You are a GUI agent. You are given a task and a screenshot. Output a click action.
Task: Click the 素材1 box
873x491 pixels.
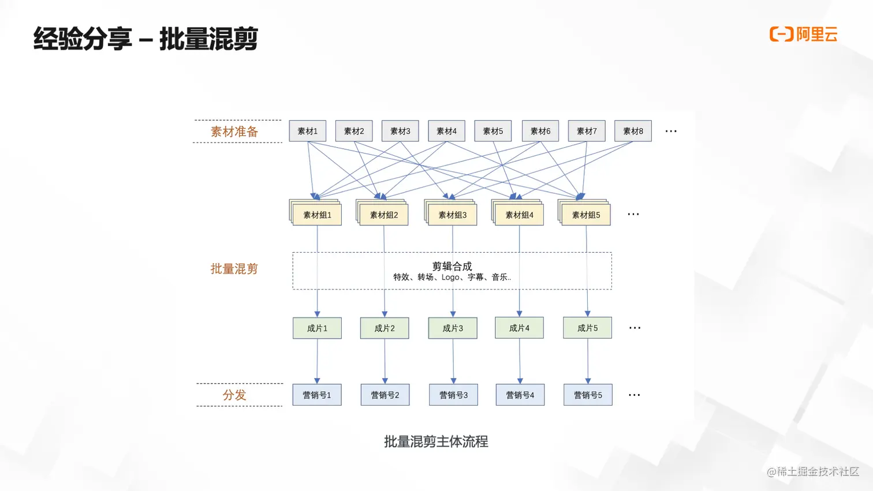click(x=307, y=131)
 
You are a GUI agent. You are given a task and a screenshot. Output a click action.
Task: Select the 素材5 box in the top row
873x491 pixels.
click(x=493, y=131)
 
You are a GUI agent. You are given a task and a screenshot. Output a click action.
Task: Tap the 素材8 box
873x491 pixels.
click(x=633, y=131)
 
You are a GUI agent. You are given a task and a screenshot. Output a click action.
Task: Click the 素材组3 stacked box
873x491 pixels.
click(x=452, y=215)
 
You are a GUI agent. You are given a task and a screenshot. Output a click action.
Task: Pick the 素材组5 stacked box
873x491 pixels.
click(x=585, y=215)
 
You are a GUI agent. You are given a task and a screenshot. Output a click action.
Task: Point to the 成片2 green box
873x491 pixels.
click(x=385, y=328)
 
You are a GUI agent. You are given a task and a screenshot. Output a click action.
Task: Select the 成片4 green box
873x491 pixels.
click(x=519, y=328)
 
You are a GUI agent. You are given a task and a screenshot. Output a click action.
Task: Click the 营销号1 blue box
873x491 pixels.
click(x=317, y=395)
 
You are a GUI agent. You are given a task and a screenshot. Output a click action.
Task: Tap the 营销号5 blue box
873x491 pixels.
click(x=588, y=395)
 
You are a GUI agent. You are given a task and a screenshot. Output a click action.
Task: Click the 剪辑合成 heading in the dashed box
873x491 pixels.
click(x=452, y=266)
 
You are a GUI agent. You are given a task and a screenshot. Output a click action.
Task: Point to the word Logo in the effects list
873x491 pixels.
click(x=450, y=278)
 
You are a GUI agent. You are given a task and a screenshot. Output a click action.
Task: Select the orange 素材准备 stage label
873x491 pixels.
click(x=234, y=132)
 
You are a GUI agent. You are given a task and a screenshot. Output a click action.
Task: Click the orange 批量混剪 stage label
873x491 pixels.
click(x=234, y=269)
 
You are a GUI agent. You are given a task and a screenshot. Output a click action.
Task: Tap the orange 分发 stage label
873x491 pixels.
click(x=234, y=395)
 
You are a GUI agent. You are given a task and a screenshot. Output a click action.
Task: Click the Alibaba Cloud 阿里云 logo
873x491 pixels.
click(x=803, y=34)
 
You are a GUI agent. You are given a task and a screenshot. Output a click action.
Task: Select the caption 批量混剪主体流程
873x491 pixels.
click(x=436, y=442)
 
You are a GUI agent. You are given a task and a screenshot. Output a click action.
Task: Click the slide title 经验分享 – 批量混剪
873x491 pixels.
click(x=145, y=39)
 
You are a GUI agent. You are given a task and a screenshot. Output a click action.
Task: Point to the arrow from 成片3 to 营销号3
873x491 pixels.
click(x=453, y=361)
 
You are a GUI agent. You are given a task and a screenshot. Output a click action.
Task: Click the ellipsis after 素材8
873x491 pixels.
click(x=670, y=132)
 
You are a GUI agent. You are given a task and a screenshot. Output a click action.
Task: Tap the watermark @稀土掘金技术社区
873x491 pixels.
click(x=812, y=472)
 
